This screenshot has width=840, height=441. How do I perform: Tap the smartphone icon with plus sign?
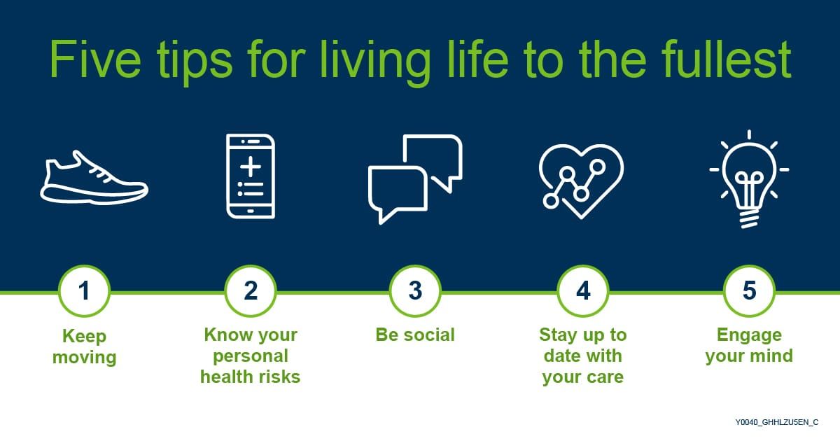(250, 176)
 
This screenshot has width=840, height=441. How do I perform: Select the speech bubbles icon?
(415, 178)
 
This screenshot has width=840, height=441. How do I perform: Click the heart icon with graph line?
(580, 178)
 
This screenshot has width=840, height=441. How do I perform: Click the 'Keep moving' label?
(84, 346)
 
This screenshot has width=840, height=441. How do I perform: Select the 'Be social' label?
(415, 335)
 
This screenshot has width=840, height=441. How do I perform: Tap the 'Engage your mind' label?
(749, 345)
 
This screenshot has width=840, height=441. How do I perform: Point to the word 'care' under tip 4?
(605, 378)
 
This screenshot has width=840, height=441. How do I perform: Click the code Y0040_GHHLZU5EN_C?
(776, 422)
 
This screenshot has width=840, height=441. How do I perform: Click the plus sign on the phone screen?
(250, 167)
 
